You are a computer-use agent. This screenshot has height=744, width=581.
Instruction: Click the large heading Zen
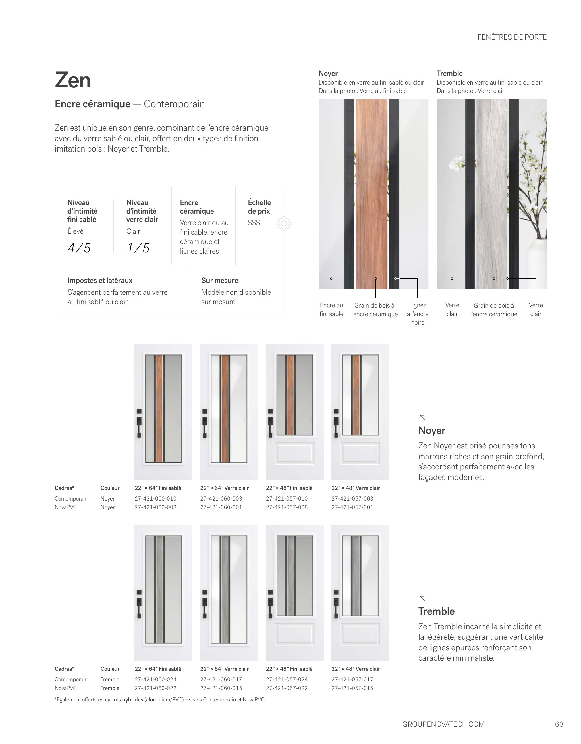[73, 80]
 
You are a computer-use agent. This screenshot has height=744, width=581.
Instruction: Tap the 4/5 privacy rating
[79, 248]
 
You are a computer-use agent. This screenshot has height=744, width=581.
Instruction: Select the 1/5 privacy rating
[138, 248]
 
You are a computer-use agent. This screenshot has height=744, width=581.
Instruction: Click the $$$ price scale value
[254, 223]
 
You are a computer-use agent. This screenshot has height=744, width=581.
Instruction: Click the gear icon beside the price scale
[284, 223]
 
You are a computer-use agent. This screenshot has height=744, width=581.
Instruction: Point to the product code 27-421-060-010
[156, 499]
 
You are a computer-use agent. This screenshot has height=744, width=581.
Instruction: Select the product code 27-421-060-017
[221, 680]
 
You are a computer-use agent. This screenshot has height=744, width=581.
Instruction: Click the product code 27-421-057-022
[287, 688]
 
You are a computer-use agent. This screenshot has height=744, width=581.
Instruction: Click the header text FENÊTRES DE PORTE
[512, 37]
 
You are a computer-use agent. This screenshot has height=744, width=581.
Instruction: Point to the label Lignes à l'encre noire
[418, 314]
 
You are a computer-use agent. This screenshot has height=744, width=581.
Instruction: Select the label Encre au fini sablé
[331, 310]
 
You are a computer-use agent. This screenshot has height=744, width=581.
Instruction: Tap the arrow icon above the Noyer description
[422, 418]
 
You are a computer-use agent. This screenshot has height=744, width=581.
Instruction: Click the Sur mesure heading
[219, 281]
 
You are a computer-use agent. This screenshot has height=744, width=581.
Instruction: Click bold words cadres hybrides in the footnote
[124, 700]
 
